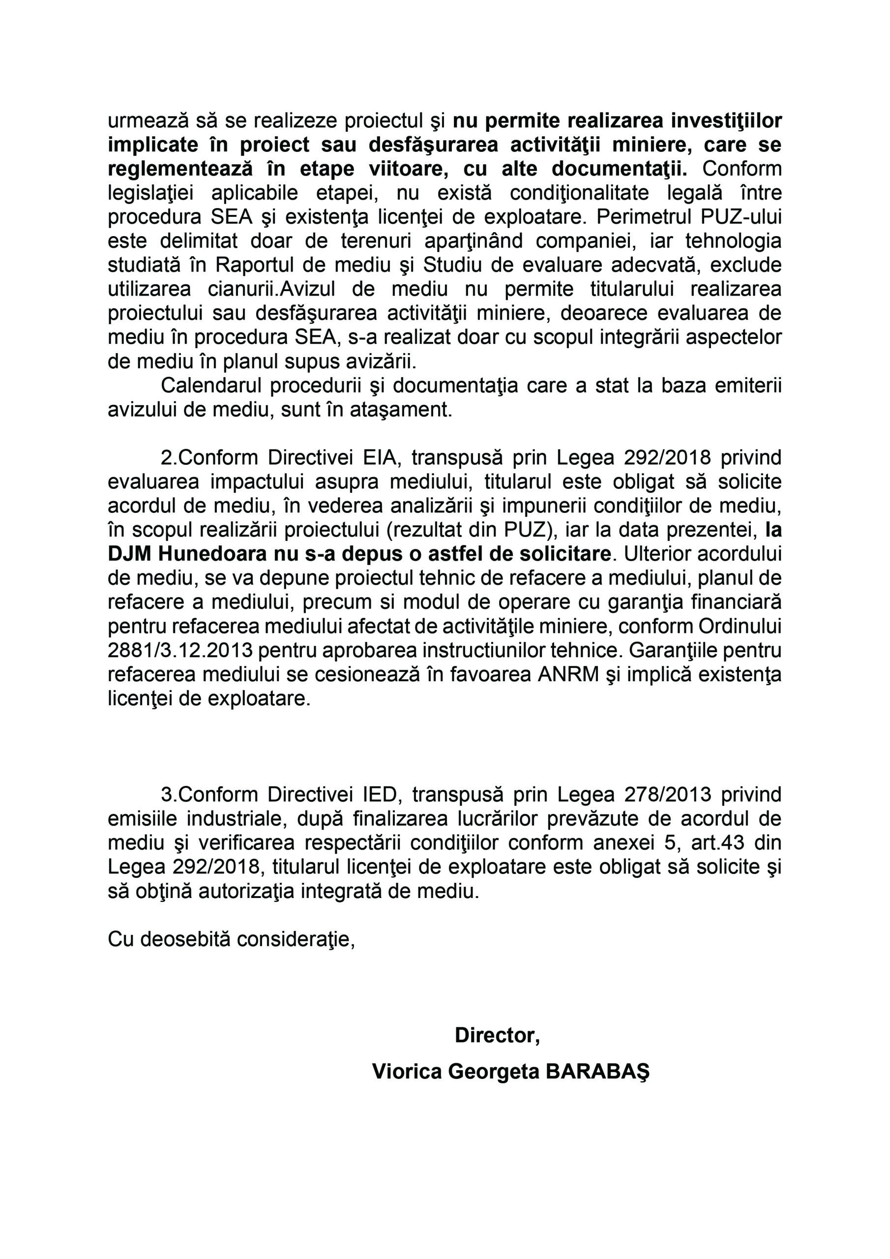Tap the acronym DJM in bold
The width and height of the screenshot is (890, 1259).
130,554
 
